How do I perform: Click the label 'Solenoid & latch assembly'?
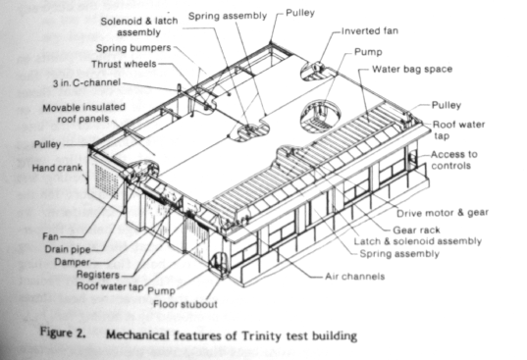pos(139,26)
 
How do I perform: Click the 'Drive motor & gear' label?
pos(442,212)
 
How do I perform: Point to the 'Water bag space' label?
pos(412,72)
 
